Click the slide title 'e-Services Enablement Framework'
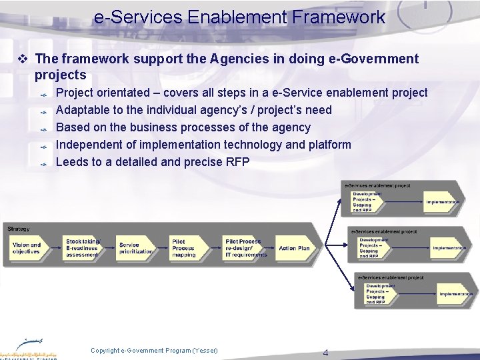239,17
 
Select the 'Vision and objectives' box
27,248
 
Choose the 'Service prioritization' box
135,248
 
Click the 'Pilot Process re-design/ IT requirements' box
245,248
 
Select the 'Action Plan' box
294,248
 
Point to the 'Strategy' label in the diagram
19,229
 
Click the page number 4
325,353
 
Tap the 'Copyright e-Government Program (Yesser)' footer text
154,351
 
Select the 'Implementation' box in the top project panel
443,202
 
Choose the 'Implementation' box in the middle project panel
449,248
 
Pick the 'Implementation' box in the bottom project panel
455,294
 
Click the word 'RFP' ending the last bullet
237,162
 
